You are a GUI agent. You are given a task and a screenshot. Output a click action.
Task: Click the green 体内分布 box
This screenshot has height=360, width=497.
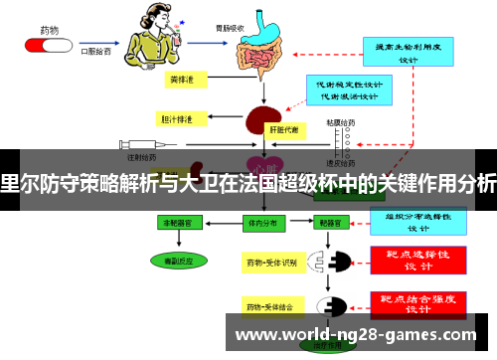pos(261,225)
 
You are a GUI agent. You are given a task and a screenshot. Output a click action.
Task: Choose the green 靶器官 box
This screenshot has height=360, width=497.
pos(331,225)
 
